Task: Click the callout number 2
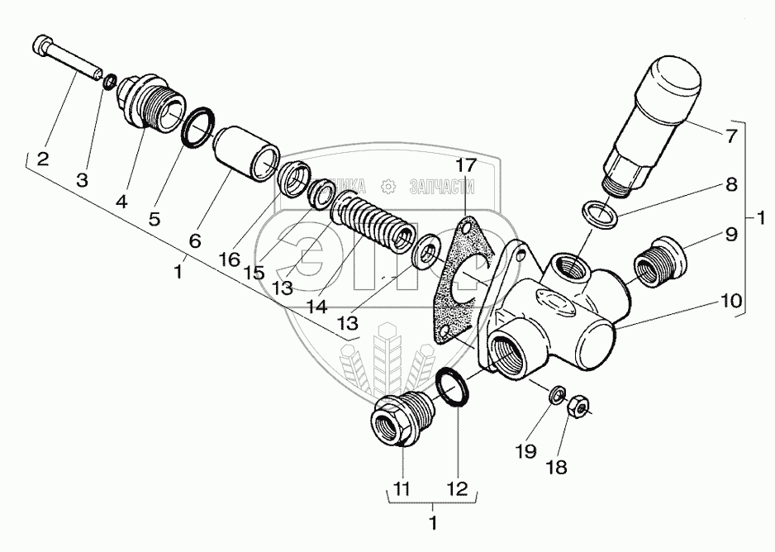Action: pyautogui.click(x=42, y=159)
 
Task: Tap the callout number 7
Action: pyautogui.click(x=730, y=137)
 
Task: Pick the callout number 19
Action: pyautogui.click(x=526, y=451)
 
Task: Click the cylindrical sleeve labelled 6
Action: pyautogui.click(x=245, y=155)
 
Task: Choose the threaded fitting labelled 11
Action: pyautogui.click(x=402, y=419)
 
